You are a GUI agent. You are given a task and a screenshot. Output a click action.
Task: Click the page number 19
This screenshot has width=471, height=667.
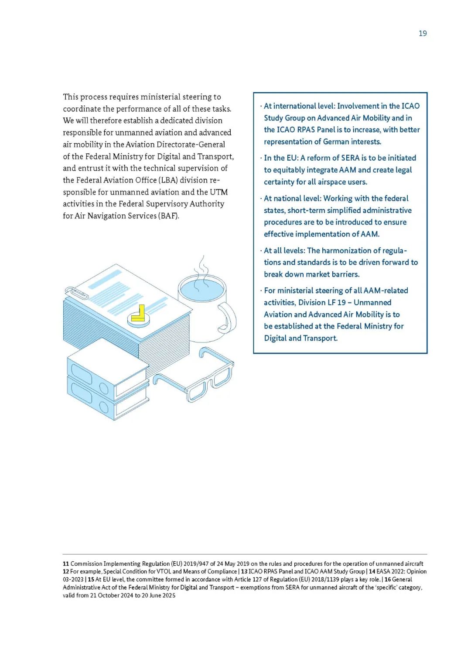pyautogui.click(x=423, y=34)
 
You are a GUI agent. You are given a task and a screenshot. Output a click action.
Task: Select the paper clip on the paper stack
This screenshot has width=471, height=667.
pyautogui.click(x=76, y=293)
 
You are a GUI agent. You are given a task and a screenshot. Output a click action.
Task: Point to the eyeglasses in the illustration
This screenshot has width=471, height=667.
pyautogui.click(x=196, y=376)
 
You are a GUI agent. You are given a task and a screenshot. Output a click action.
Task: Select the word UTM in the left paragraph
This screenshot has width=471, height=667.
pyautogui.click(x=219, y=192)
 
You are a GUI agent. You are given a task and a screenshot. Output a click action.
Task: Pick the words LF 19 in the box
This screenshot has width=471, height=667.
pyautogui.click(x=336, y=302)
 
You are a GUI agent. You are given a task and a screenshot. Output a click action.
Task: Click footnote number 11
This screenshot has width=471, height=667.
pyautogui.click(x=66, y=564)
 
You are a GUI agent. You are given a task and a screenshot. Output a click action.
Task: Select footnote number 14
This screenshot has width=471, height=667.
pyautogui.click(x=372, y=572)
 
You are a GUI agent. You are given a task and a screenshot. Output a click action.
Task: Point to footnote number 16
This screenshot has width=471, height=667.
pyautogui.click(x=387, y=580)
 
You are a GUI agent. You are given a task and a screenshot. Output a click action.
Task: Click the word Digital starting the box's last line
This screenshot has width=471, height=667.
pyautogui.click(x=275, y=338)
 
